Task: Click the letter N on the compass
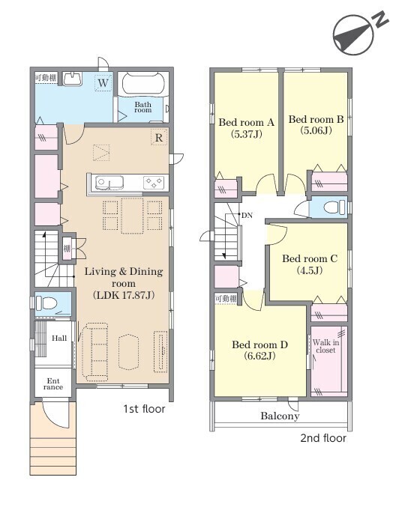(379, 19)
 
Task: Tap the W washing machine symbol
(103, 83)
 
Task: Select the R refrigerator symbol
(159, 138)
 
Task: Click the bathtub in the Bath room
(142, 84)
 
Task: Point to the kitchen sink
(109, 183)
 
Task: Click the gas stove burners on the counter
(154, 183)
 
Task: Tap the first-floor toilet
(46, 303)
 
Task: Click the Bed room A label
(247, 123)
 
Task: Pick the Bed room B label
(316, 119)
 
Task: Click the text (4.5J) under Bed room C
(310, 270)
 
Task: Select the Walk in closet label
(326, 346)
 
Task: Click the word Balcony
(280, 416)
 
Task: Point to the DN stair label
(247, 216)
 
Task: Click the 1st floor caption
(144, 409)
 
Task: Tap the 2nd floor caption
(323, 438)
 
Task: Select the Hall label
(59, 338)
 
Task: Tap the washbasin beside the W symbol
(72, 79)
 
